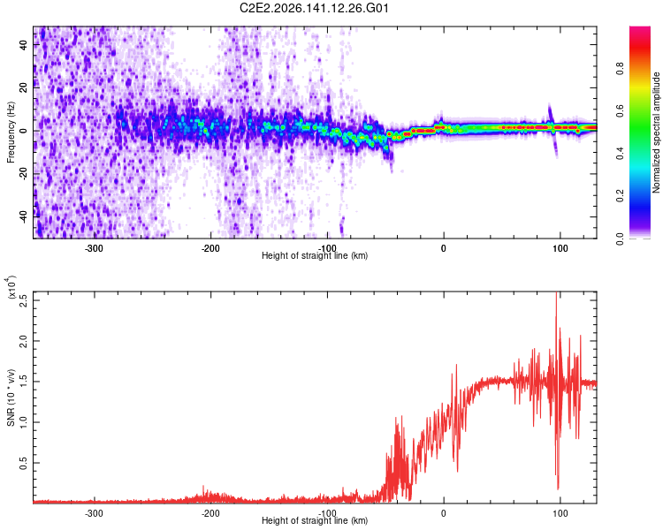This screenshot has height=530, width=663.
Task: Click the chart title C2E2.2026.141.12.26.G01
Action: [x=314, y=8]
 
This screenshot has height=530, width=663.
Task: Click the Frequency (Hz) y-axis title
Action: [x=11, y=132]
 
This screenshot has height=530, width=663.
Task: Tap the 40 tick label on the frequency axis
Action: [x=24, y=44]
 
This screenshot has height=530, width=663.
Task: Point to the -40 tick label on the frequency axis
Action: [x=24, y=216]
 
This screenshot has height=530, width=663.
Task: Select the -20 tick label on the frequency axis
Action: [x=24, y=173]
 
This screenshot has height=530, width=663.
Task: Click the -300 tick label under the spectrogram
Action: [x=94, y=248]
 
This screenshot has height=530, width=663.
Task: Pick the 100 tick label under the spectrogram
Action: [x=560, y=248]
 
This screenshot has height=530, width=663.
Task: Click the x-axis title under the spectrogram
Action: [x=315, y=255]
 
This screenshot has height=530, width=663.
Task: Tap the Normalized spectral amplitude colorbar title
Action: [x=656, y=132]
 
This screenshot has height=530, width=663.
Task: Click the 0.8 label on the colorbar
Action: [x=620, y=69]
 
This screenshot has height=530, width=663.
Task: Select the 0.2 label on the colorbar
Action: [x=620, y=196]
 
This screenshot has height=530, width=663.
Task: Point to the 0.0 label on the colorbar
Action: [x=620, y=238]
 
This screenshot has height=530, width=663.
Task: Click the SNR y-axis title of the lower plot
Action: [x=11, y=397]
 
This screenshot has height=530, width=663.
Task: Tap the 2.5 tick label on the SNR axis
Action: [x=24, y=300]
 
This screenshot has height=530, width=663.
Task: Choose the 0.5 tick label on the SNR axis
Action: [x=24, y=463]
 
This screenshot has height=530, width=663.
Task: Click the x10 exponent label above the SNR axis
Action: [x=11, y=287]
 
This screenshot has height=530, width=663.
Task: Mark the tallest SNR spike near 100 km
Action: [x=556, y=293]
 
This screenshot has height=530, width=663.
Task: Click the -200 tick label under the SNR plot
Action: [x=210, y=513]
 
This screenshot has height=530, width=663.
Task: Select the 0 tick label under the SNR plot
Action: [x=443, y=513]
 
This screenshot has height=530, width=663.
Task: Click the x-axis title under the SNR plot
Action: [x=315, y=520]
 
